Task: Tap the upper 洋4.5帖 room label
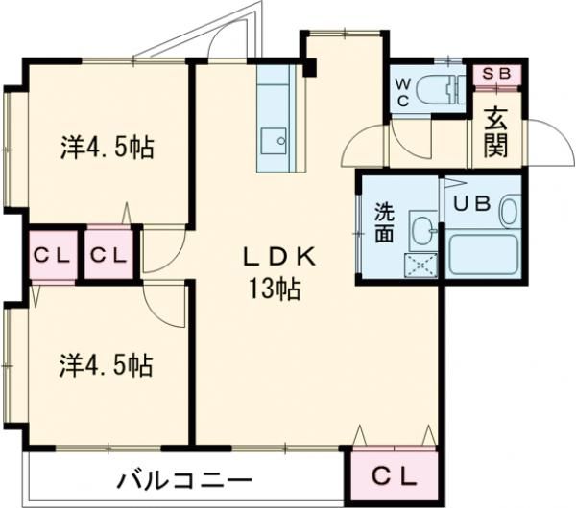(x=107, y=149)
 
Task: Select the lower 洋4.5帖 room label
(x=107, y=365)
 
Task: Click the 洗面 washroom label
(x=382, y=222)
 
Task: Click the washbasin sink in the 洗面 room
(x=420, y=228)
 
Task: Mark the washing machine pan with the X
(x=420, y=265)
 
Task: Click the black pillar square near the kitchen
(x=309, y=67)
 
